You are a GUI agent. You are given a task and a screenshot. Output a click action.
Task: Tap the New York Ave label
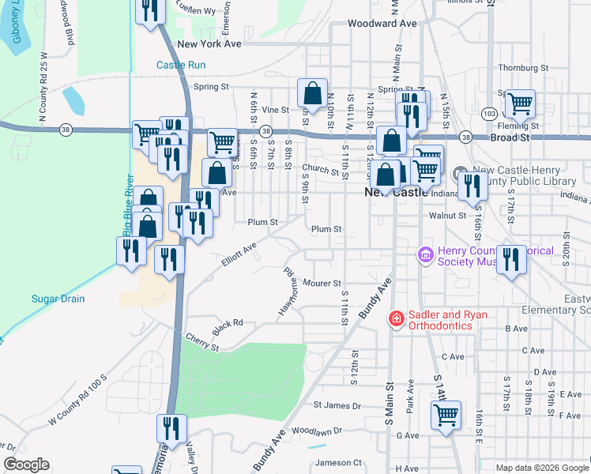pos(209,45)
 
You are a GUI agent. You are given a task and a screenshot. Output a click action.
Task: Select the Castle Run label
pos(181,65)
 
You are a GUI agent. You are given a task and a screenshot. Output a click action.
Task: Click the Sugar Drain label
pos(58,299)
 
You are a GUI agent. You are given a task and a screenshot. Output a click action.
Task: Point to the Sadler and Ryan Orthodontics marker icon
pos(395,319)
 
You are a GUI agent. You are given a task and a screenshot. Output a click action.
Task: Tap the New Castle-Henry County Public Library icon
pos(461,171)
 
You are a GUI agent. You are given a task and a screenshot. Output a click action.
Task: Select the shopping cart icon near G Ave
pos(446,414)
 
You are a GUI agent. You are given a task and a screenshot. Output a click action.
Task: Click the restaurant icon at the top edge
pos(147,10)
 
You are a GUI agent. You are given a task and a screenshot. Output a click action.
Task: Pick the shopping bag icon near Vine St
pos(313,92)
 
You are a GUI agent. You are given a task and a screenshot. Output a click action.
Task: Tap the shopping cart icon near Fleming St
pos(520,103)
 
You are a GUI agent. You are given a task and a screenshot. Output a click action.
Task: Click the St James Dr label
pos(337,405)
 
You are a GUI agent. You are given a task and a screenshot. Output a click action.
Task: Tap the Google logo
pos(27,465)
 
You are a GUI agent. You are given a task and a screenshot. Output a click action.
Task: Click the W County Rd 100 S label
pos(77,402)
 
